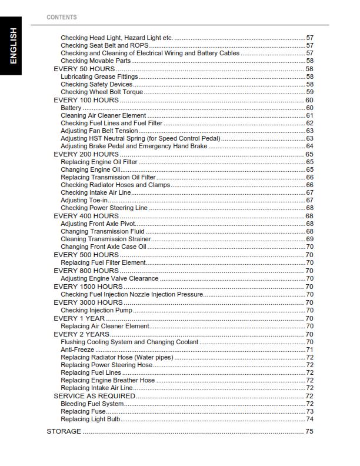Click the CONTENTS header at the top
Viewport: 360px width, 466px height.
(61, 17)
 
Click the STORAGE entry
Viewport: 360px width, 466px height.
(64, 431)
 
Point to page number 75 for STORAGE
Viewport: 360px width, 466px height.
(309, 431)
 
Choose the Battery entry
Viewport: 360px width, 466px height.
(71, 108)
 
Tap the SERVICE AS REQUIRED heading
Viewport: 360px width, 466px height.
(94, 396)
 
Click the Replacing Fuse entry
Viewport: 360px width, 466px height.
(83, 411)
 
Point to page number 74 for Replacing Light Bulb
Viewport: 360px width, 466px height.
(309, 420)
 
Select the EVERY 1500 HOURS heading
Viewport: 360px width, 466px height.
(88, 287)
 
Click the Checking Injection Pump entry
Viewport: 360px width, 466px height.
(96, 310)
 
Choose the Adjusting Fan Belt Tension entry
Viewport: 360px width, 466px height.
(99, 131)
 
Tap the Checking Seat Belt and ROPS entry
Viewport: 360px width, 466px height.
(104, 45)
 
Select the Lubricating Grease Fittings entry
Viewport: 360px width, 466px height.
(99, 76)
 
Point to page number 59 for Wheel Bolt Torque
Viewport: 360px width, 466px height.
(309, 92)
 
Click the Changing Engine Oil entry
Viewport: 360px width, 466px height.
(90, 169)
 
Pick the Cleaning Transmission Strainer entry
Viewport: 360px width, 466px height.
(105, 239)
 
